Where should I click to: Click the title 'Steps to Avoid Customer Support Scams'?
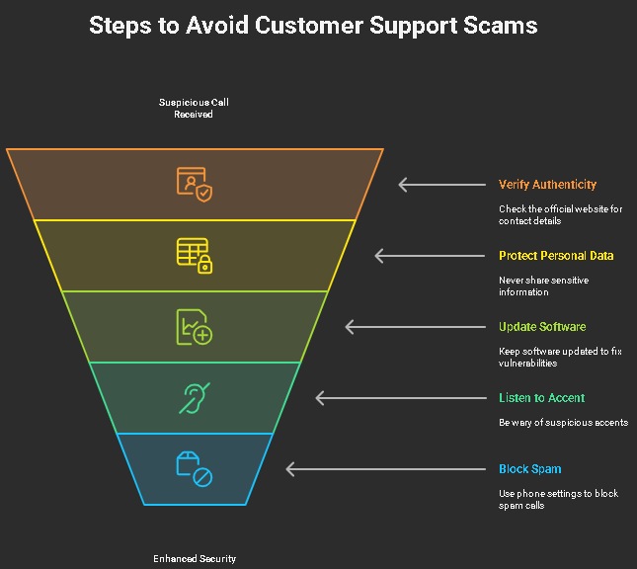click(313, 26)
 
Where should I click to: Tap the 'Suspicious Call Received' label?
click(194, 108)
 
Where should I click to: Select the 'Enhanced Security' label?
click(195, 558)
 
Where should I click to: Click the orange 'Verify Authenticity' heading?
click(547, 185)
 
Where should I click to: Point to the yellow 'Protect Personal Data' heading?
click(556, 256)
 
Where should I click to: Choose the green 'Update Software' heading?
click(542, 327)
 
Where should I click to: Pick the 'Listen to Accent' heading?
click(541, 398)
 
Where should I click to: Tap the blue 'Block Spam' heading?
click(530, 469)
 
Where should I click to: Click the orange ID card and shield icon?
click(195, 184)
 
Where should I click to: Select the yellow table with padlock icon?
click(195, 255)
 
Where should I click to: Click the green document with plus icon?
click(195, 327)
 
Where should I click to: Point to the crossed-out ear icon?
click(195, 398)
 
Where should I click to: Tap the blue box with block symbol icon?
click(195, 469)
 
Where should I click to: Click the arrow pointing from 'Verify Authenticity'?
click(441, 185)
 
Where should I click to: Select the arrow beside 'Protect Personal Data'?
click(430, 256)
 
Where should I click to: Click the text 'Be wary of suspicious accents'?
click(563, 423)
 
